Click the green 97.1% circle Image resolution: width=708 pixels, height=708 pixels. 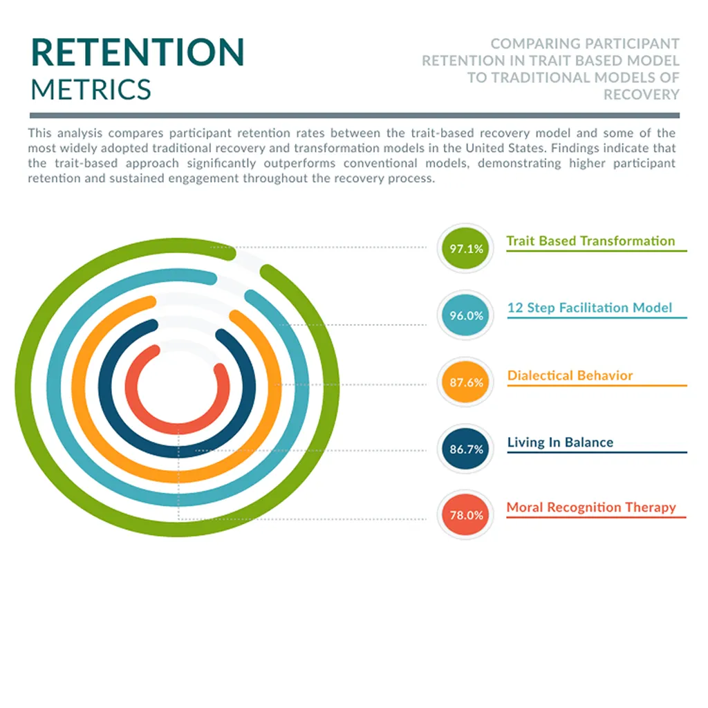(x=465, y=248)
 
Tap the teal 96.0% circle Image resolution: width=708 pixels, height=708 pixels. (x=465, y=315)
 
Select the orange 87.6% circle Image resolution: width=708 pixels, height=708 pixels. (x=465, y=382)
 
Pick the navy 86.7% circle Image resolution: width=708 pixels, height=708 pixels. (x=465, y=449)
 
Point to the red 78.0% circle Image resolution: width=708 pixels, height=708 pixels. (x=465, y=514)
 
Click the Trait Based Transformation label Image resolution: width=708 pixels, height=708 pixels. (x=590, y=241)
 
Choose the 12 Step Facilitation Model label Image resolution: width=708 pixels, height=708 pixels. (x=590, y=308)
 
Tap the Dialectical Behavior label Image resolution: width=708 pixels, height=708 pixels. (x=570, y=375)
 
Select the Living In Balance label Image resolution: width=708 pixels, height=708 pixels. (x=560, y=442)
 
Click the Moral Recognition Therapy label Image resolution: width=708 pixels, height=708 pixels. (x=591, y=507)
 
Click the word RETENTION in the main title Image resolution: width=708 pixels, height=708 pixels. (x=138, y=53)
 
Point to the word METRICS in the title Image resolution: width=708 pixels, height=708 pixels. (x=91, y=89)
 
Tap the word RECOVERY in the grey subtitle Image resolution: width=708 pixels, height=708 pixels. (x=641, y=94)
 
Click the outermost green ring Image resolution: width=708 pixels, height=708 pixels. (x=24, y=387)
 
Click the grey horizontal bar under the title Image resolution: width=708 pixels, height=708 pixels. (x=355, y=115)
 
